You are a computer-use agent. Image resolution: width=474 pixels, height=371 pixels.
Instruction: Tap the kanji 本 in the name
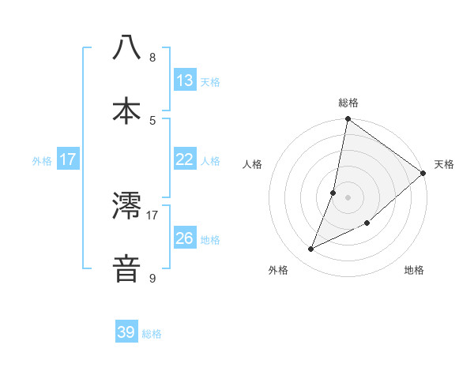127,109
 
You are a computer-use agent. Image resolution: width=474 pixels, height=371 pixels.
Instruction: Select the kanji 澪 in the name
127,206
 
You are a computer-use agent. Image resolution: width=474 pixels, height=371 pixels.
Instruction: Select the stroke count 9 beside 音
152,279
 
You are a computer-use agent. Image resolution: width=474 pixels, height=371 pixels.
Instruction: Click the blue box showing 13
185,80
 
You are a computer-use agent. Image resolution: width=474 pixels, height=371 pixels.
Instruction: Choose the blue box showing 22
185,159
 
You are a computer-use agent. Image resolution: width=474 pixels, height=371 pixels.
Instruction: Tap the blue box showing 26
185,238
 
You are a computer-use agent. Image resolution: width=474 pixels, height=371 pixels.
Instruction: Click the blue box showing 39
126,332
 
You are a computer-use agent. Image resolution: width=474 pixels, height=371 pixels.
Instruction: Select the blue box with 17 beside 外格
68,159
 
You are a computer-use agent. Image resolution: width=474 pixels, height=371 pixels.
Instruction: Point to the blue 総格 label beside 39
152,334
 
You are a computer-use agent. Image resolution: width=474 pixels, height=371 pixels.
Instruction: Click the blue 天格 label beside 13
210,81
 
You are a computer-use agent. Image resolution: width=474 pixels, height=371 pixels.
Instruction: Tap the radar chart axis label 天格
444,164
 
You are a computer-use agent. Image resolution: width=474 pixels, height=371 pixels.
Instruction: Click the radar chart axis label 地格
414,270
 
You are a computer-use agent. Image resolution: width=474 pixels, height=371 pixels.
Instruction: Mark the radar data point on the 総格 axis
348,120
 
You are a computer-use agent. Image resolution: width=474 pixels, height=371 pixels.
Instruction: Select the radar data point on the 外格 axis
311,249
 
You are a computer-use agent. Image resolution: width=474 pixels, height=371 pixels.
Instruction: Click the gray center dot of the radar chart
348,197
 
